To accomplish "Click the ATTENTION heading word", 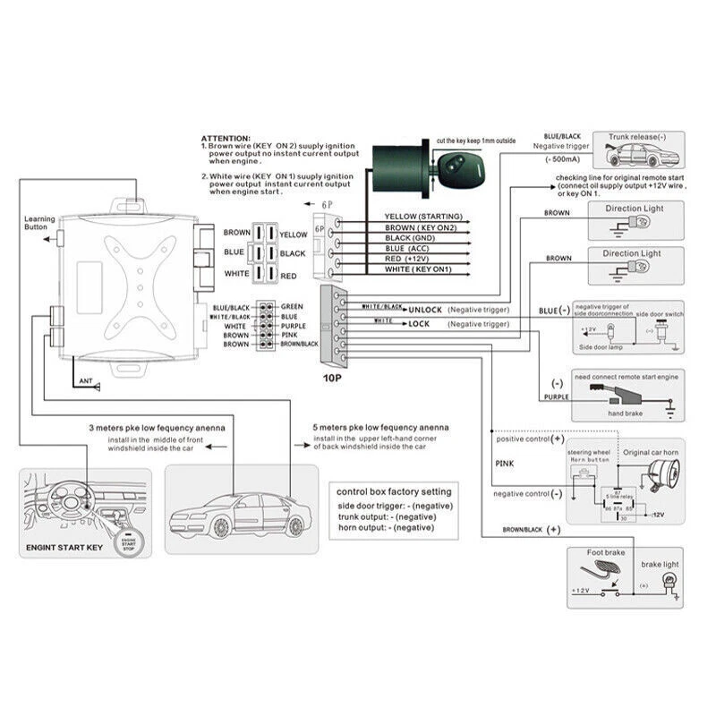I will coord(225,139).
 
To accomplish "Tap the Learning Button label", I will coord(39,223).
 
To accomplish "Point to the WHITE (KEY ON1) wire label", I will coord(419,268).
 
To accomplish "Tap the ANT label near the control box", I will coord(86,381).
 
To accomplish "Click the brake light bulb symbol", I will coord(667,583).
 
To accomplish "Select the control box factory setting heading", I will coord(394,491).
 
